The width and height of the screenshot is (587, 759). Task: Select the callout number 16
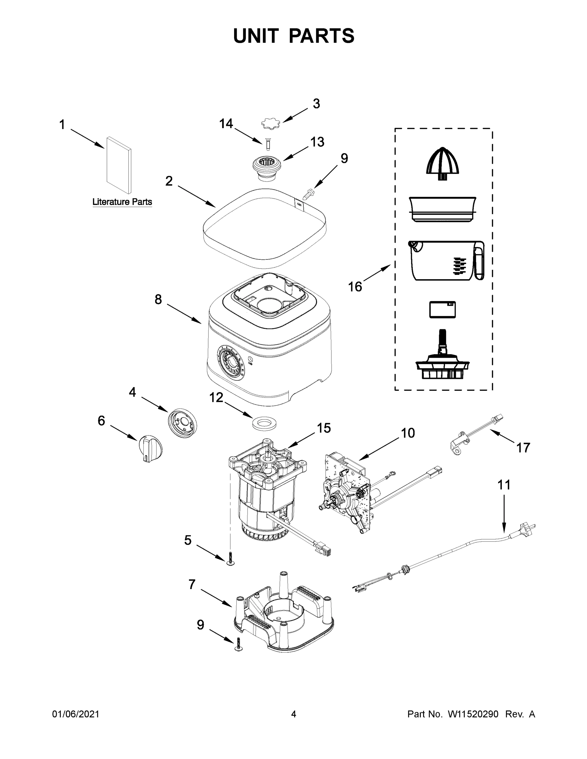(355, 287)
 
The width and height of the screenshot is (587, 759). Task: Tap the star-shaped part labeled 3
(271, 123)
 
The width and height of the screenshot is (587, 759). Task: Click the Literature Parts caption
(122, 202)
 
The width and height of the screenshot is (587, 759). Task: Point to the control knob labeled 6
(150, 449)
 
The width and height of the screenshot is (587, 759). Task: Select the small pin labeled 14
(268, 144)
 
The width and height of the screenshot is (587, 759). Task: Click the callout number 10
(408, 433)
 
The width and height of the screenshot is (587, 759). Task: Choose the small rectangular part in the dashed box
(442, 309)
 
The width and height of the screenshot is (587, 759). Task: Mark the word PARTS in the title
(322, 36)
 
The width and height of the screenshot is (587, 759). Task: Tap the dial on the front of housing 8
(230, 365)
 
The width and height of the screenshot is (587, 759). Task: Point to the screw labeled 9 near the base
(239, 644)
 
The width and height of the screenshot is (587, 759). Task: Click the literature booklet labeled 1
(119, 165)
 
